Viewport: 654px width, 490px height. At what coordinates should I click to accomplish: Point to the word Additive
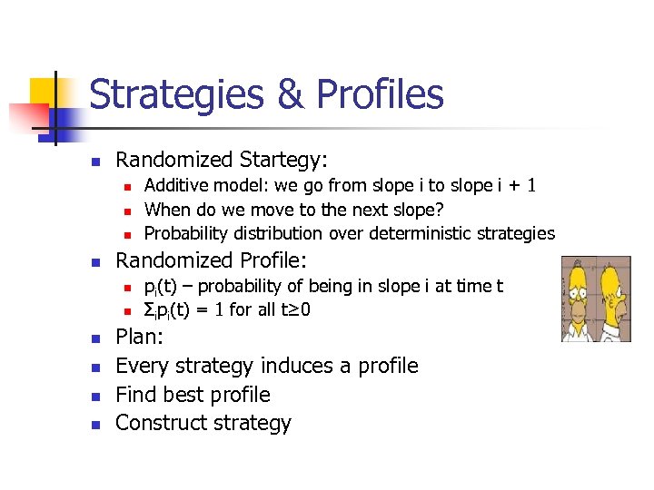tap(179, 186)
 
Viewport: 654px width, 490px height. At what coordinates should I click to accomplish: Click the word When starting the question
tap(167, 210)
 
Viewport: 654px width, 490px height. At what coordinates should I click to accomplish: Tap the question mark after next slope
tap(439, 210)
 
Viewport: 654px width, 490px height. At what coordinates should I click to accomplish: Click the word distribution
tap(275, 233)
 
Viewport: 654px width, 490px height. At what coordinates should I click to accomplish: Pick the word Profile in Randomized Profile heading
tap(279, 261)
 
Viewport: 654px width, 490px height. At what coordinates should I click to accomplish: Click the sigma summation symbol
tap(150, 310)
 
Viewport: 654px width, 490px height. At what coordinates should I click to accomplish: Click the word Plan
tap(138, 338)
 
